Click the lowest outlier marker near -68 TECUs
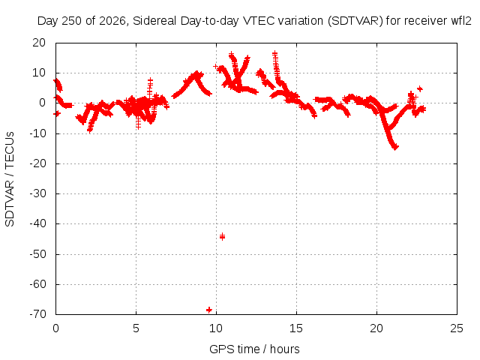tap(209, 310)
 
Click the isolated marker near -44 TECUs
tap(223, 236)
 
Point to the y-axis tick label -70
tap(37, 314)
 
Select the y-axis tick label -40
tap(37, 223)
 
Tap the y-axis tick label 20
tap(39, 43)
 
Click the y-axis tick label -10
tap(37, 133)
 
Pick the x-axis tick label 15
tap(296, 328)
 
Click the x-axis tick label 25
tap(457, 328)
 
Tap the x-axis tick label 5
tap(136, 328)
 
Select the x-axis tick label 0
tap(55, 328)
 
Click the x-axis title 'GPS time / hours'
tap(254, 349)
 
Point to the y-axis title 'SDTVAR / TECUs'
tap(10, 179)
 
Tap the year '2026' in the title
tap(112, 21)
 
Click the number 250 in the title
tap(71, 21)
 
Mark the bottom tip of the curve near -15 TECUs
tap(396, 148)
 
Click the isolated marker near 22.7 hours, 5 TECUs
tap(420, 88)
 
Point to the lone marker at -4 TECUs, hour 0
tap(57, 113)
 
